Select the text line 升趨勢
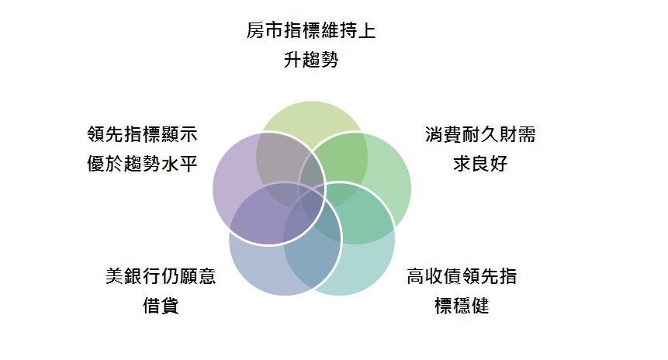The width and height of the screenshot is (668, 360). pos(311,60)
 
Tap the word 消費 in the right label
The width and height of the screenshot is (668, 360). pos(444,135)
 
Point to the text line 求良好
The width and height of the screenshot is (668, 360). pos(480,164)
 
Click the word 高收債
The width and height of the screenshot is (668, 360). pos(434,276)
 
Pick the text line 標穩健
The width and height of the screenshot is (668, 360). pos(462,306)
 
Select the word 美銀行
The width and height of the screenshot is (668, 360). pos(133,276)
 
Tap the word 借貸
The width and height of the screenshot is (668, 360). pos(161,306)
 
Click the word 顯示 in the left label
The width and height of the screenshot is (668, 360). pos(179,135)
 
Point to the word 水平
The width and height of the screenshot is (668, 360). pos(179,164)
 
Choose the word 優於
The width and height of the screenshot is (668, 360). pos(106,164)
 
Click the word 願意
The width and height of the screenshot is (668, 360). pos(198,276)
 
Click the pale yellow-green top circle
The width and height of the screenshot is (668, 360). pos(312,117)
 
